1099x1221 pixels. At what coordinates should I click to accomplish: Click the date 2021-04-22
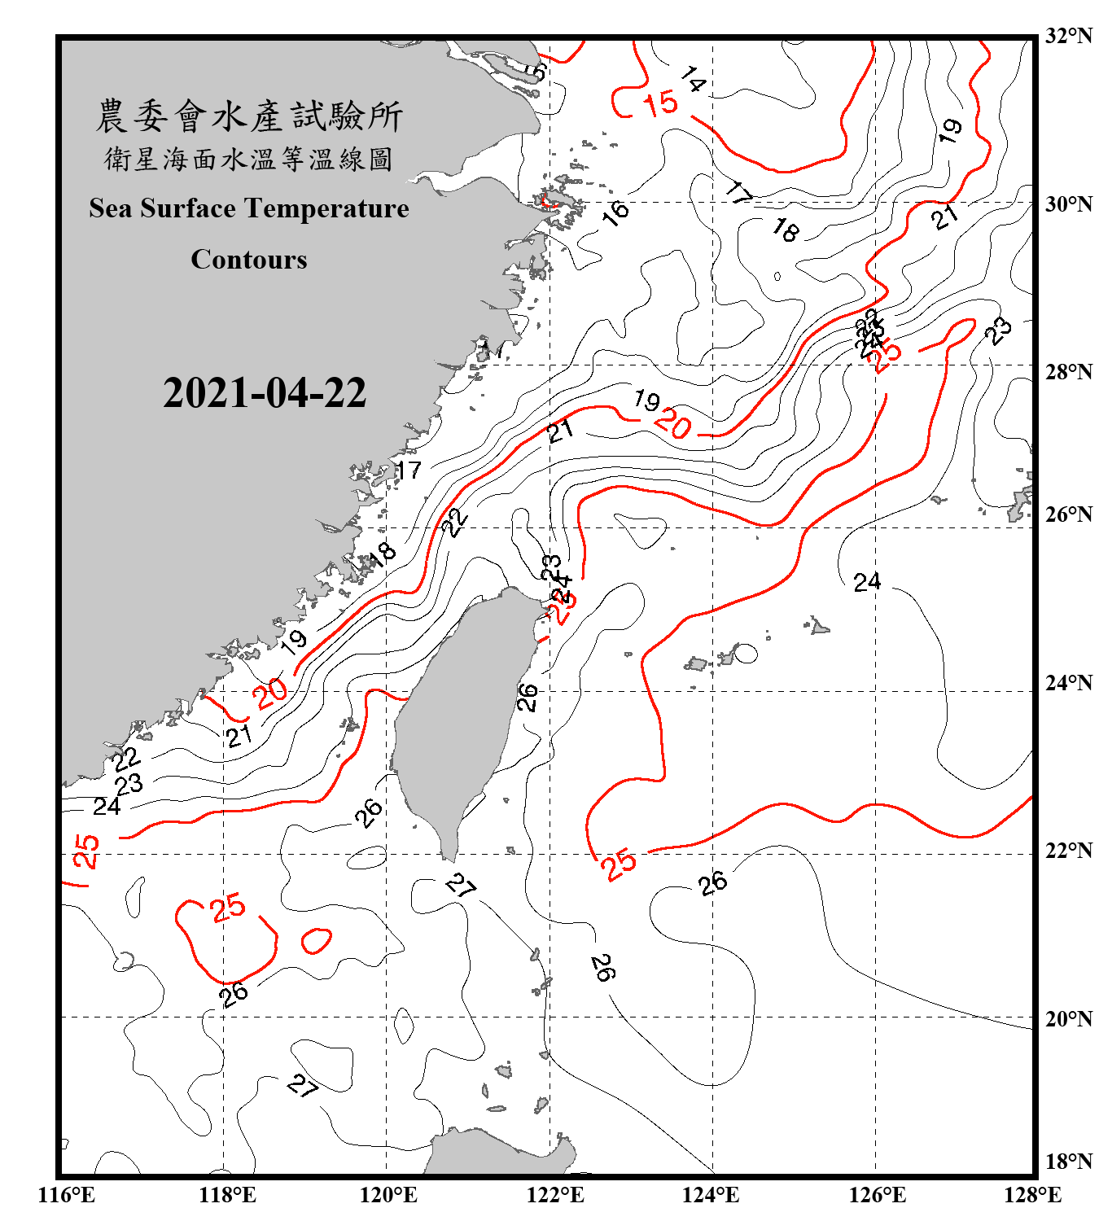(x=265, y=393)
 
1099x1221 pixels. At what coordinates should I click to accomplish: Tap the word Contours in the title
(x=249, y=259)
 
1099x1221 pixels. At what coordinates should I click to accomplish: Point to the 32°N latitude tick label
(x=1068, y=36)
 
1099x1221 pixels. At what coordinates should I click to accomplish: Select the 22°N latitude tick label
(x=1068, y=851)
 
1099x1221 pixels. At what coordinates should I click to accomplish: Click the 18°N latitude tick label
(x=1068, y=1162)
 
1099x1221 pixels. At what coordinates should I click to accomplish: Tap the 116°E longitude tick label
(x=67, y=1195)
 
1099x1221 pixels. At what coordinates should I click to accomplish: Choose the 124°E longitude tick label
(x=711, y=1195)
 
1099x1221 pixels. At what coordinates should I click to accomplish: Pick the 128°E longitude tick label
(x=1032, y=1195)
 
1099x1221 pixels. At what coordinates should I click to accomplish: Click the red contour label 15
(x=660, y=104)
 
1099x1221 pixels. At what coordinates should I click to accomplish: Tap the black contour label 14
(x=693, y=79)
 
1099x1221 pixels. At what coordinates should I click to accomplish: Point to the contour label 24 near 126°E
(x=867, y=581)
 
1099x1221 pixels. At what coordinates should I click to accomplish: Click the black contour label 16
(x=615, y=212)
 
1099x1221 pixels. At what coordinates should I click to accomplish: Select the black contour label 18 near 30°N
(x=786, y=230)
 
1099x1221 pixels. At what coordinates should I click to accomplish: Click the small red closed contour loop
(x=316, y=940)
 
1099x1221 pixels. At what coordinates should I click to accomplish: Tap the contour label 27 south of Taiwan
(x=461, y=886)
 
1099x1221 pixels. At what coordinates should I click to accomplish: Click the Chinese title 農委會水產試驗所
(x=249, y=116)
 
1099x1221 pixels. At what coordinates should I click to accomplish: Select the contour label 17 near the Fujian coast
(x=409, y=470)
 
